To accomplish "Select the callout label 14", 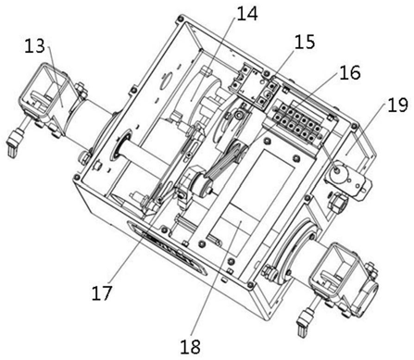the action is click(246, 14).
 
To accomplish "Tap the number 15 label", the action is click(304, 42).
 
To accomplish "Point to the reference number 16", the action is click(350, 73).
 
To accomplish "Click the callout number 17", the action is click(102, 293).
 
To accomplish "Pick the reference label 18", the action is click(191, 346).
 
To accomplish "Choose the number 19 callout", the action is click(397, 105).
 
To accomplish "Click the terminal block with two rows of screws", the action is click(295, 122).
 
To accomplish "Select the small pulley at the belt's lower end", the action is click(200, 186).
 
